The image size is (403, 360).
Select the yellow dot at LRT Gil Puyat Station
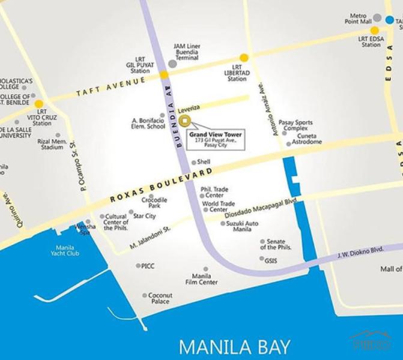tap(164, 75)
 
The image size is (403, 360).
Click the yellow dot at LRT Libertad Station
tap(244, 57)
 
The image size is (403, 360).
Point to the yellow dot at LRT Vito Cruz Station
tap(39, 104)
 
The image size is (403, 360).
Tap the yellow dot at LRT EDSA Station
tap(374, 31)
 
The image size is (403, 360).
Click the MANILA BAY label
tap(235, 346)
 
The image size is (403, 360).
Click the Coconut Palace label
tap(160, 298)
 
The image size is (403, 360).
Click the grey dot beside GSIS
tap(261, 260)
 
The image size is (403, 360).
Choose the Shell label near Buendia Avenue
tap(204, 162)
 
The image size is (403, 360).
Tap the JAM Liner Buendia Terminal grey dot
tap(172, 63)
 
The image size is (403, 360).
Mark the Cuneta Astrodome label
tap(309, 139)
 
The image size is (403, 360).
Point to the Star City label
tap(144, 216)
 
